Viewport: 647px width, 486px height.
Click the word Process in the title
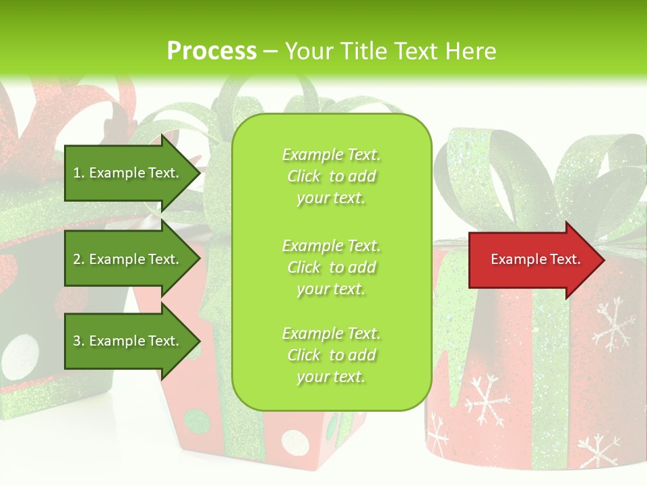coord(212,51)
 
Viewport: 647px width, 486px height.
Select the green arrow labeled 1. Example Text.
coord(128,173)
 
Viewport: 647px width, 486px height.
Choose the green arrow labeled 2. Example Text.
coord(128,259)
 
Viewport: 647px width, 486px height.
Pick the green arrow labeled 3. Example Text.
coord(128,341)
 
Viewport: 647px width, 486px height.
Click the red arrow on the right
coord(532,260)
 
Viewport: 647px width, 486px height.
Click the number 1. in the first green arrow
coord(79,173)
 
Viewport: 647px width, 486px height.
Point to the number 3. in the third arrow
coord(79,341)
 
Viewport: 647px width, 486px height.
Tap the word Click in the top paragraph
coord(304,176)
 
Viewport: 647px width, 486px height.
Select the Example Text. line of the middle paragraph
coord(331,245)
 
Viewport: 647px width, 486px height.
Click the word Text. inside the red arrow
coord(563,259)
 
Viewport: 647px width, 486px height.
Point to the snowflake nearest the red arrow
coord(613,322)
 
